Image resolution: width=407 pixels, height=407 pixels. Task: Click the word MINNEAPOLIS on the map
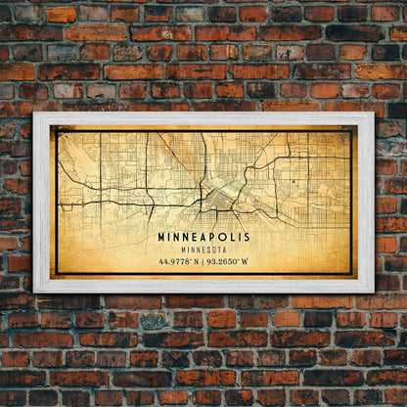[203, 237]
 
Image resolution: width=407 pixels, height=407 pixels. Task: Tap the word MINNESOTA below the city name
[203, 249]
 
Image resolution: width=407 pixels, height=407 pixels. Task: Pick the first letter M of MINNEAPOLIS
[161, 237]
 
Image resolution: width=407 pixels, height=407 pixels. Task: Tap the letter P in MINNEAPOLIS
[215, 237]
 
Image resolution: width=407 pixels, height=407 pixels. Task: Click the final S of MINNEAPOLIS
[246, 237]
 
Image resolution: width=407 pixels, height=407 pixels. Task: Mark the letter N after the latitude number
[194, 261]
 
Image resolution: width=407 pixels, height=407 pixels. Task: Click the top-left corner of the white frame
[35, 114]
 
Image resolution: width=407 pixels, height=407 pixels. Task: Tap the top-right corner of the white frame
[372, 114]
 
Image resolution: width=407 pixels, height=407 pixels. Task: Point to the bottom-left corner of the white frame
[35, 291]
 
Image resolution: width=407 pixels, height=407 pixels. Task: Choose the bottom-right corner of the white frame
[372, 291]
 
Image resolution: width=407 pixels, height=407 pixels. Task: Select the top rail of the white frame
[203, 118]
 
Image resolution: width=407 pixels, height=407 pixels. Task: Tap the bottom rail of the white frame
[203, 286]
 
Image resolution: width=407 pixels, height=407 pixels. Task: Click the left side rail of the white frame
[41, 203]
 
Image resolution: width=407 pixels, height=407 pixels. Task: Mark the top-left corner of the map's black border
[57, 131]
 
